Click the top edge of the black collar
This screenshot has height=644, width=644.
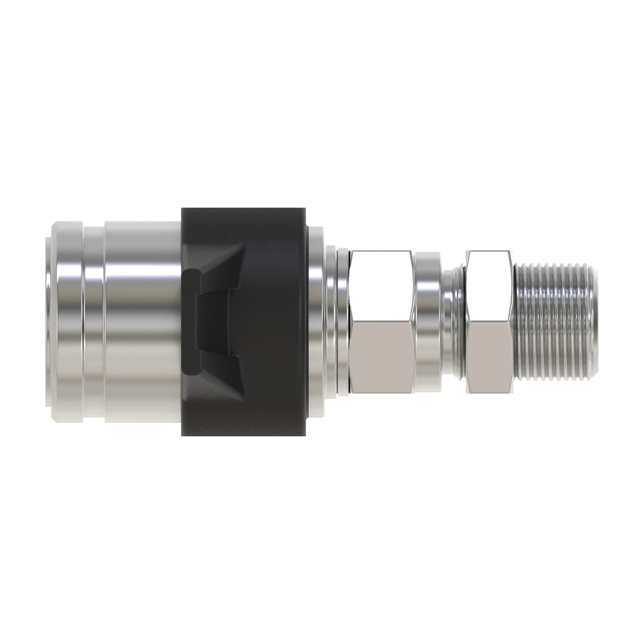(x=243, y=209)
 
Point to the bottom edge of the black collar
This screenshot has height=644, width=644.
(x=243, y=434)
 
